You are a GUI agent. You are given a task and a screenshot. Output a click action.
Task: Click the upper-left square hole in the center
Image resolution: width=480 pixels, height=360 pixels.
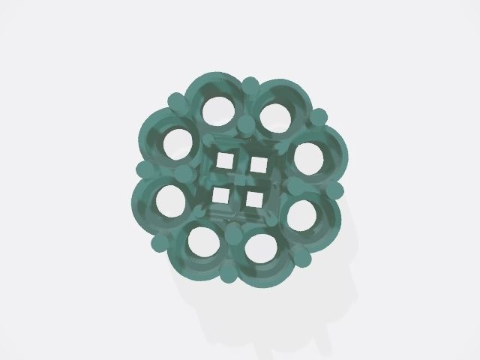223,160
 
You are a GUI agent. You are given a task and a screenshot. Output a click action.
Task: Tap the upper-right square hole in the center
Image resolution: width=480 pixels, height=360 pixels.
259,163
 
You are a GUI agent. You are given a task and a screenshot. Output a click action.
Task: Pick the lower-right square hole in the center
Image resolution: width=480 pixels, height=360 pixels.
255,199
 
